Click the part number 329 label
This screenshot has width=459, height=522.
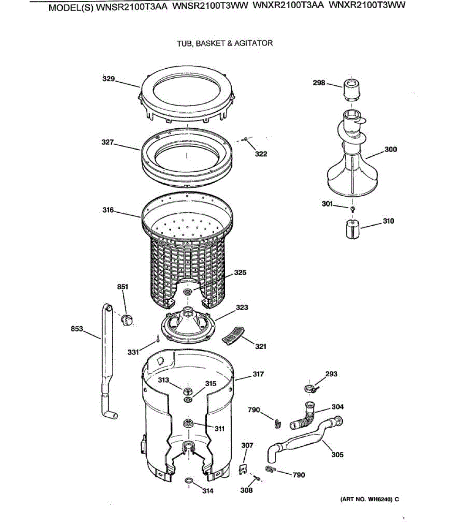coord(108,79)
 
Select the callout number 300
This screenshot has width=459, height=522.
coord(391,150)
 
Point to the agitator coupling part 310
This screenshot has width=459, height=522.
coord(353,229)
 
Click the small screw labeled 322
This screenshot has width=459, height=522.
coord(245,139)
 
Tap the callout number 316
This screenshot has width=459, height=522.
coord(108,210)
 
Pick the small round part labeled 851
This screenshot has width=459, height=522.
coord(126,320)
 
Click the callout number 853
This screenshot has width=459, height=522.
coord(77,329)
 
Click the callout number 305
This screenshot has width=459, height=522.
coord(337,455)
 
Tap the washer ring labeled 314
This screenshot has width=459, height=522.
coord(189,480)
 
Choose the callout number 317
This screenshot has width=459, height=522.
coord(258,374)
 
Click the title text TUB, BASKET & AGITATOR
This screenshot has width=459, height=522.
coord(225,43)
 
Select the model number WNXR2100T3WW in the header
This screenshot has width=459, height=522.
coord(367,6)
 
